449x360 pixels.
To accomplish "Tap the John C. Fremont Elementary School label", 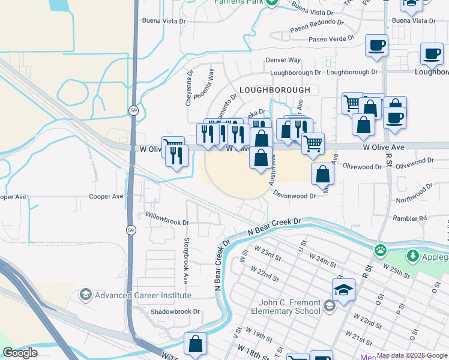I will tap(290, 307).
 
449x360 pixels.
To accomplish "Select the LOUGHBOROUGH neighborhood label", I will tap(274, 90).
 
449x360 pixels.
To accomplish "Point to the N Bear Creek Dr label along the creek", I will tap(274, 226).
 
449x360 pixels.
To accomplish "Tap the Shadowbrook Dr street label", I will tap(175, 312).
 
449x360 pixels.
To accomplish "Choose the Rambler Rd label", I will tap(409, 218).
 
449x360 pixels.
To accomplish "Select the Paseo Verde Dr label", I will tap(327, 40).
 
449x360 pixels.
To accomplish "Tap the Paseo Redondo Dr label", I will tap(316, 25).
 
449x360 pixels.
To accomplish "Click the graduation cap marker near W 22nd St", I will tap(343, 290).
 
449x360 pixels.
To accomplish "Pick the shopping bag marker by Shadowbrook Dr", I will tap(195, 344).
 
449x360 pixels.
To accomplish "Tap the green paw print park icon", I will tap(380, 250).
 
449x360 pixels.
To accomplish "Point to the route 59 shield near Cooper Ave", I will tap(131, 230).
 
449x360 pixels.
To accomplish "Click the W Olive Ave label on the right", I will tap(384, 147).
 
